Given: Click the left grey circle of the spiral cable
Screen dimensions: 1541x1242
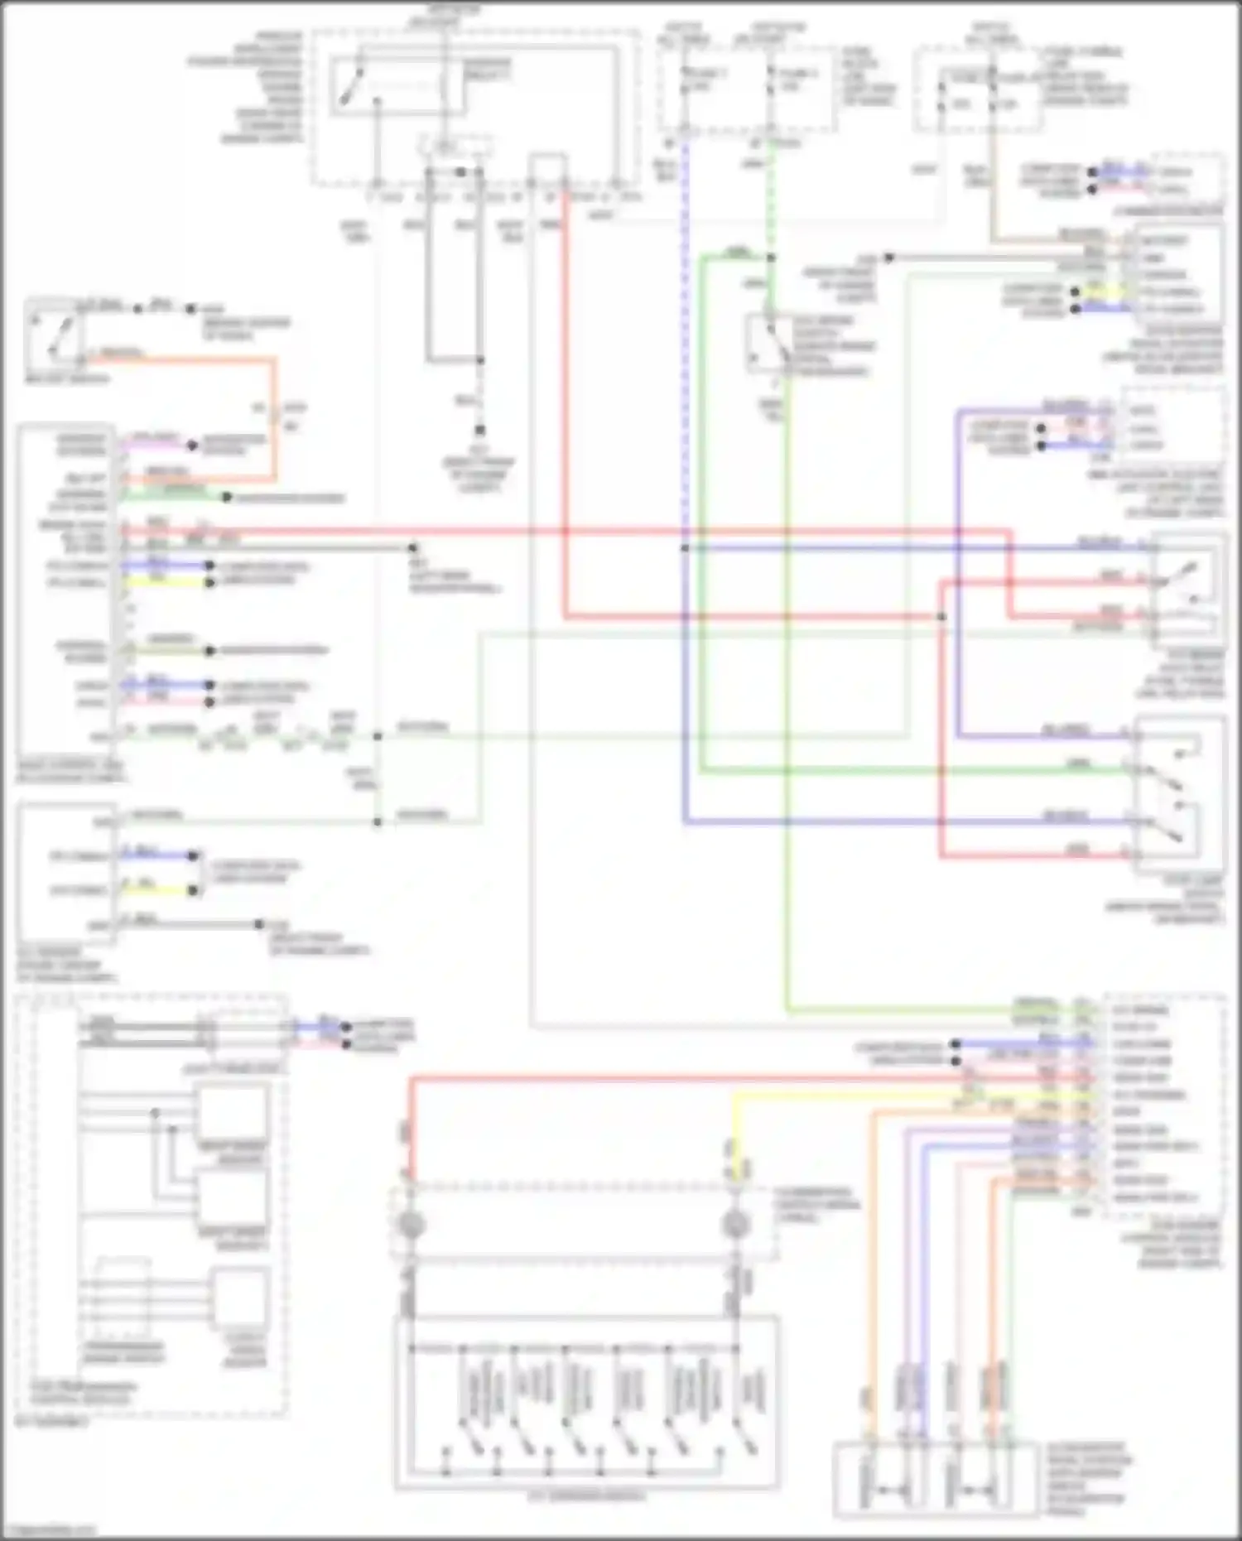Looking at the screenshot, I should [412, 1223].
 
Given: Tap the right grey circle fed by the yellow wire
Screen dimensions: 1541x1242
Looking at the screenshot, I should [735, 1223].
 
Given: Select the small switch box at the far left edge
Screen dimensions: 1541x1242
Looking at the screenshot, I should [55, 335].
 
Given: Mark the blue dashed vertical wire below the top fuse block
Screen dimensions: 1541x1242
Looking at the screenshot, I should [686, 331].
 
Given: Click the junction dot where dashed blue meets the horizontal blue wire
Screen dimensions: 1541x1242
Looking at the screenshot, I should [686, 548].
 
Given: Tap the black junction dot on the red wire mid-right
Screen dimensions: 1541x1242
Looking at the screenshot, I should [941, 616].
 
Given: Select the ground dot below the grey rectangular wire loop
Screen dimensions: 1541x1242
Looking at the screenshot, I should [479, 431].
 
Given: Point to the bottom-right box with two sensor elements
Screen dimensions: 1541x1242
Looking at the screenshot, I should [936, 1479].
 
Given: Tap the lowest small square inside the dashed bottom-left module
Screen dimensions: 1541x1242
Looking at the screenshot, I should [239, 1298].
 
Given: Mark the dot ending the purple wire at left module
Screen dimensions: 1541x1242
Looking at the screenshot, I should [191, 445].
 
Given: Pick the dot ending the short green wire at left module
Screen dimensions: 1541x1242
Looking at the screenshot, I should [225, 497].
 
